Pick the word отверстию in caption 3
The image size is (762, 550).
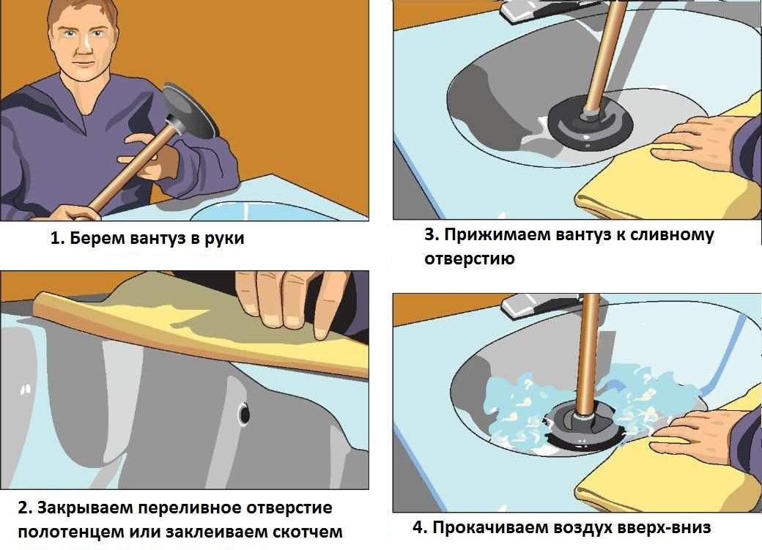point(469,259)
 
